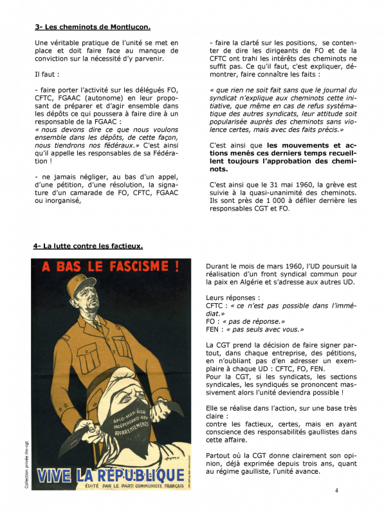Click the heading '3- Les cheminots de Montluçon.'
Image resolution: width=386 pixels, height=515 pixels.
[93, 27]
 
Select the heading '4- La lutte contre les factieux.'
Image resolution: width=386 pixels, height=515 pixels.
[88, 246]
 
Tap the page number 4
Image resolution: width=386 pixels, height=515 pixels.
[336, 490]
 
